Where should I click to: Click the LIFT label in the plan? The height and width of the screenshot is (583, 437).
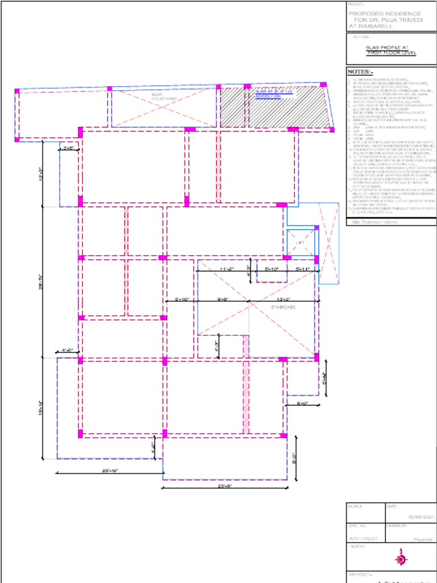click(300, 243)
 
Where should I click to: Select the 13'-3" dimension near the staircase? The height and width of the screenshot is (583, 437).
click(284, 299)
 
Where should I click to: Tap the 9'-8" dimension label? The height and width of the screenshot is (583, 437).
click(223, 299)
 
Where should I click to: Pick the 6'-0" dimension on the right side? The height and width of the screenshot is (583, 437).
click(302, 403)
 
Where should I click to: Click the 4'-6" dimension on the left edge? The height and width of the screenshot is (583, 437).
click(67, 350)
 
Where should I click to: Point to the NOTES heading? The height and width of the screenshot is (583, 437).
click(359, 72)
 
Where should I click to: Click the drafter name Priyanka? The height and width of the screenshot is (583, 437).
click(422, 538)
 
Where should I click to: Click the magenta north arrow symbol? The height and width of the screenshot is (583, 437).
click(401, 559)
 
